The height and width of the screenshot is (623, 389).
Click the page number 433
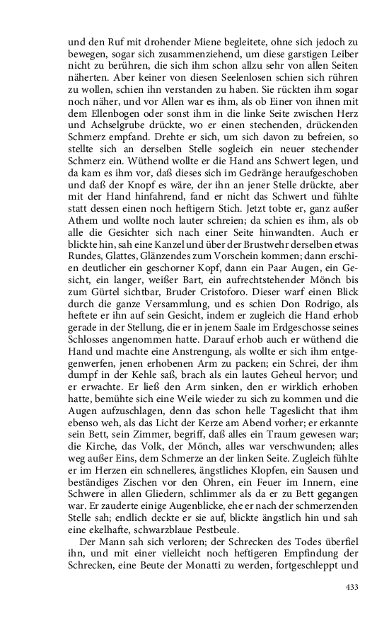352,587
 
